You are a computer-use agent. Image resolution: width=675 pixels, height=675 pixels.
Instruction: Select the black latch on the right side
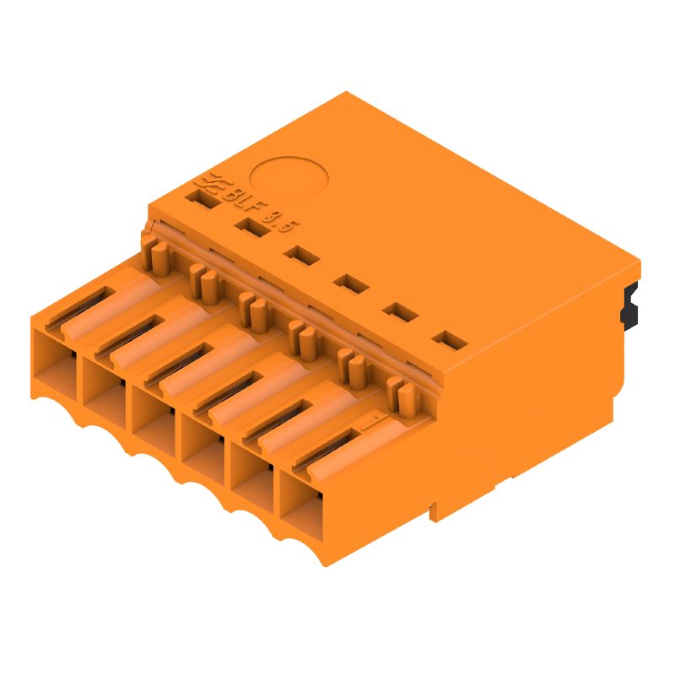(x=628, y=305)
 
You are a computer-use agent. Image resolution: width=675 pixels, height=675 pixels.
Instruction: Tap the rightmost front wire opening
(x=301, y=505)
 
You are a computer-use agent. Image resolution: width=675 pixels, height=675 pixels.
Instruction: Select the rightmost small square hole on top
(x=450, y=342)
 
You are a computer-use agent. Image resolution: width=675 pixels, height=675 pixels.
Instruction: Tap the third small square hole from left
(x=300, y=255)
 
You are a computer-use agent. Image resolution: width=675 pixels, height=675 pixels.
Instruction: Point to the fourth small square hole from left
(x=350, y=283)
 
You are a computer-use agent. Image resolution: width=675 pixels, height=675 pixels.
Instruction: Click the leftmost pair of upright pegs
(x=152, y=253)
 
